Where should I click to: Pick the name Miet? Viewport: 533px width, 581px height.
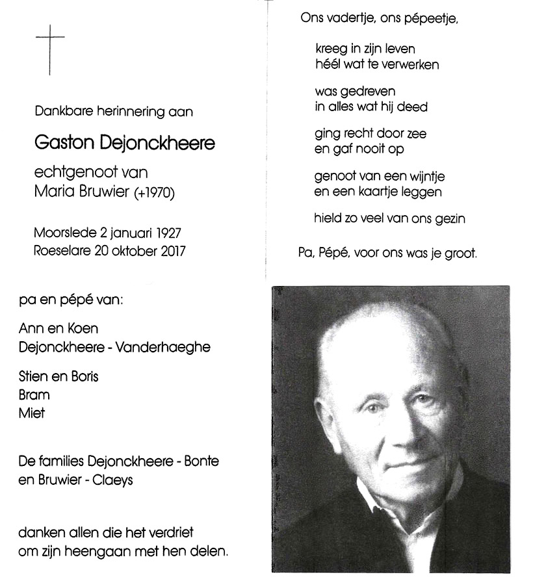coord(31,413)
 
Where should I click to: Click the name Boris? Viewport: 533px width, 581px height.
coord(84,376)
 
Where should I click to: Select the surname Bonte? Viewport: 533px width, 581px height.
coord(200,461)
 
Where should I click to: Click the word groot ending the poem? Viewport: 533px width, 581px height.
coord(461,253)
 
